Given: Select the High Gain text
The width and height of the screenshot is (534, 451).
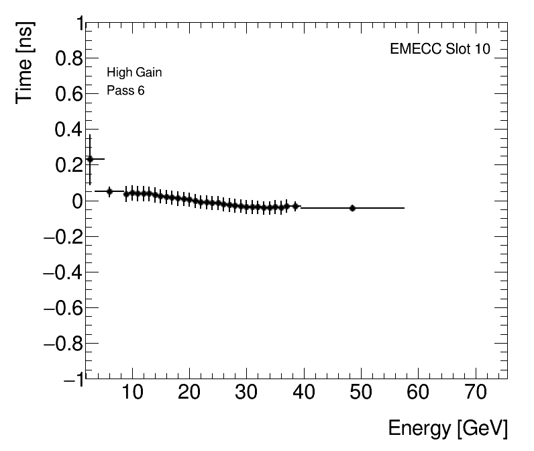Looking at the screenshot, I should [134, 72].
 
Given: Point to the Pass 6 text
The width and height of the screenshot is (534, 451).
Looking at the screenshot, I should [125, 91].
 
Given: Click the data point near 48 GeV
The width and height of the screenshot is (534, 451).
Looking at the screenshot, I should [352, 208].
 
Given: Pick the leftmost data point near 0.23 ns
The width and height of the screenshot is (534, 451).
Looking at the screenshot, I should [90, 159].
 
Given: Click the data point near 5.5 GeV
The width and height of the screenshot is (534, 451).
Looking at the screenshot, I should [109, 191].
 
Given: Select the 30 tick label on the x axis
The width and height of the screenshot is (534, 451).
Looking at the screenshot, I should [247, 392].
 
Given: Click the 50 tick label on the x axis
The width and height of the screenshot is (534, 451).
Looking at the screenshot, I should [362, 392].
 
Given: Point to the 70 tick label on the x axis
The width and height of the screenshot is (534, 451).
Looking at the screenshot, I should [476, 392].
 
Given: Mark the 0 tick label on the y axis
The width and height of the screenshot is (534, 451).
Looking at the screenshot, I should [76, 201].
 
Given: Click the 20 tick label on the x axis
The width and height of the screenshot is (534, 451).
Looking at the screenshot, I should [190, 392].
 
